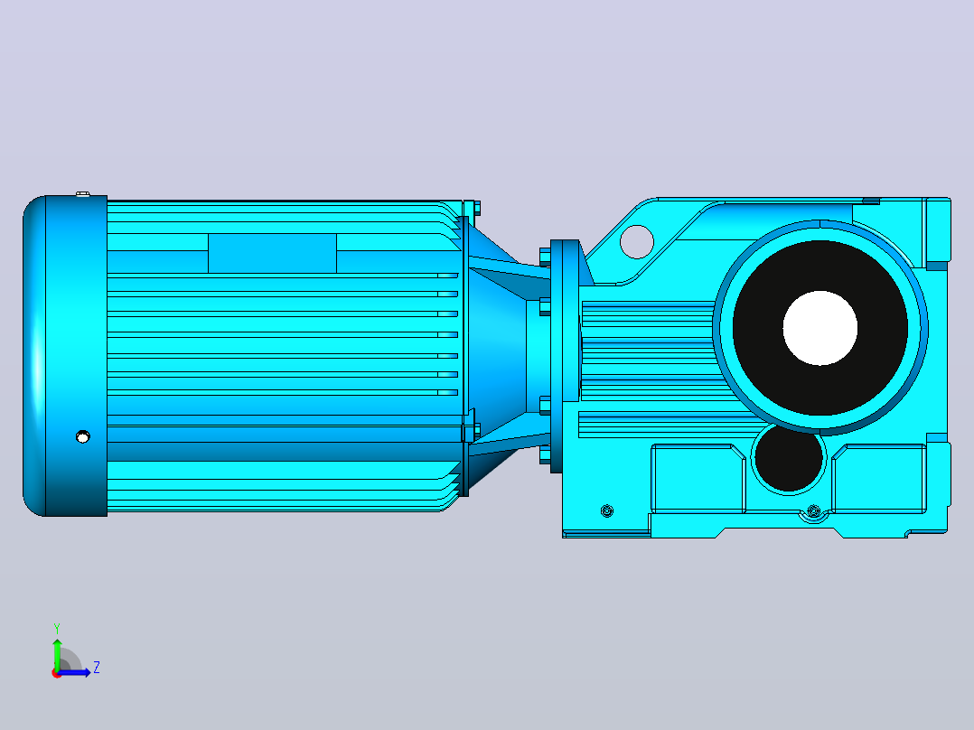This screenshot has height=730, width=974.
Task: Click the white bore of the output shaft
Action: pos(820,328)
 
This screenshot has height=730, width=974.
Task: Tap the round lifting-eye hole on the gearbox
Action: pos(637,241)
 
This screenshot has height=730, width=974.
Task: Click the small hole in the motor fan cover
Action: pos(82,436)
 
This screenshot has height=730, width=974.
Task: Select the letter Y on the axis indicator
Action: pos(57,628)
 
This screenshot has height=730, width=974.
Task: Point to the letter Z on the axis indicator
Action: pos(97,668)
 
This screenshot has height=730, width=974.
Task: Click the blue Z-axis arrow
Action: pos(74,672)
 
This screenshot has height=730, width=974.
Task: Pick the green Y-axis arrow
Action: pos(57,654)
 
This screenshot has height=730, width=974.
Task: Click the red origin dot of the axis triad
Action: pos(57,673)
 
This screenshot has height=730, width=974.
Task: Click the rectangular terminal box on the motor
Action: pos(272,253)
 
